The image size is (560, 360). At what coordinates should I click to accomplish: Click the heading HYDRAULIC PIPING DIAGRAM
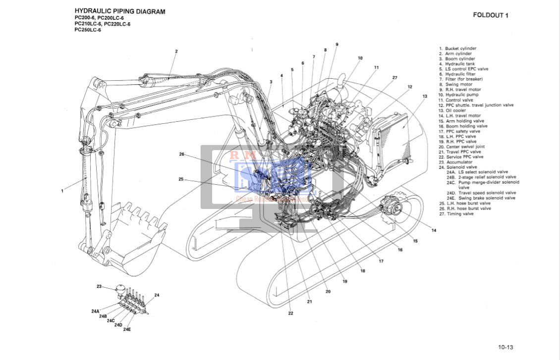[x=120, y=11]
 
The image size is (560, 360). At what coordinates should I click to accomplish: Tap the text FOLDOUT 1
[x=491, y=15]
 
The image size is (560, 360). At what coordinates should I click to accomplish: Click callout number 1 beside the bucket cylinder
[x=62, y=191]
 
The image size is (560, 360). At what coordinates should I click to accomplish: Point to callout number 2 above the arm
[x=176, y=51]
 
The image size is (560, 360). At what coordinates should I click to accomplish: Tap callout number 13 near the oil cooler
[x=425, y=96]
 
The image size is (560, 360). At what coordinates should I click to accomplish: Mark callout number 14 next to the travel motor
[x=434, y=231]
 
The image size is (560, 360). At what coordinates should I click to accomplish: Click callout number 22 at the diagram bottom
[x=291, y=313]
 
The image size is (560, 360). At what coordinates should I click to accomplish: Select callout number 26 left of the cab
[x=182, y=154]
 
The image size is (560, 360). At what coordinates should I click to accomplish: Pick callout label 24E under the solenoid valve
[x=127, y=329]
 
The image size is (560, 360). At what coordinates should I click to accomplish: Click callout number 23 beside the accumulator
[x=99, y=286]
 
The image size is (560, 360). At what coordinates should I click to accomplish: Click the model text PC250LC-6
[x=88, y=30]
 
